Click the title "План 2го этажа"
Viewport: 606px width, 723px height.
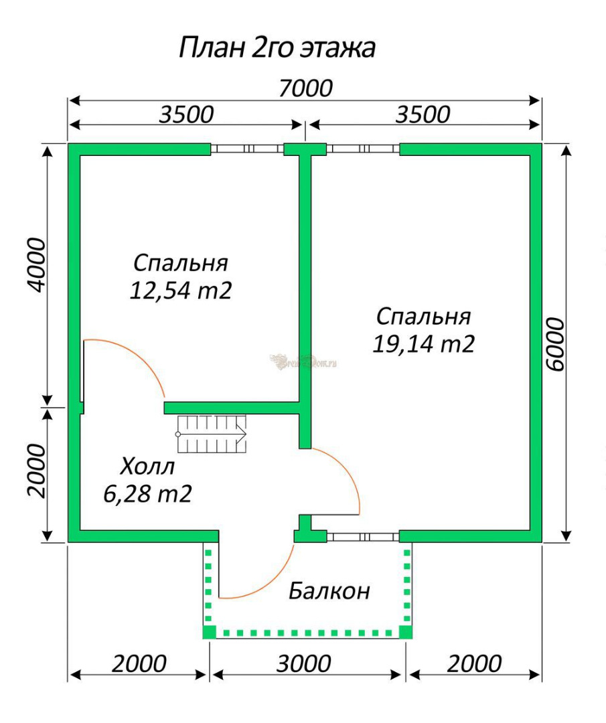click(x=277, y=47)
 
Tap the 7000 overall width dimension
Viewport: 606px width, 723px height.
click(x=306, y=88)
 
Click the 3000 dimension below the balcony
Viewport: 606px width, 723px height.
click(x=303, y=664)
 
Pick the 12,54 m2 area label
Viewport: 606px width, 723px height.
click(x=180, y=291)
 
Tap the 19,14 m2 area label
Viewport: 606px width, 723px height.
click(x=423, y=344)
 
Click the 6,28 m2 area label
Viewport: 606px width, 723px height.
click(x=147, y=494)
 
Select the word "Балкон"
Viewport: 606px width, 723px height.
click(x=329, y=590)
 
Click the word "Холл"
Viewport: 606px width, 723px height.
click(x=147, y=467)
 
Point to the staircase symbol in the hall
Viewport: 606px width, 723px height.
click(x=211, y=434)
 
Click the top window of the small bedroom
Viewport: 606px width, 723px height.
click(x=247, y=149)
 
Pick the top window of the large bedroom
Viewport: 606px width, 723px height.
click(x=363, y=149)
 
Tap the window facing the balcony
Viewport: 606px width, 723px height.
click(x=363, y=537)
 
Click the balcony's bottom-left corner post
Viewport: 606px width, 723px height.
click(x=210, y=632)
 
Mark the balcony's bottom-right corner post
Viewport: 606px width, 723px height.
click(x=405, y=632)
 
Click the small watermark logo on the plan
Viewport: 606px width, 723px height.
click(x=303, y=362)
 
